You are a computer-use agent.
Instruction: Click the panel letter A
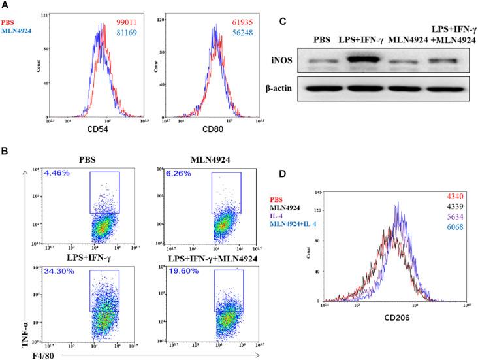(6, 6)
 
